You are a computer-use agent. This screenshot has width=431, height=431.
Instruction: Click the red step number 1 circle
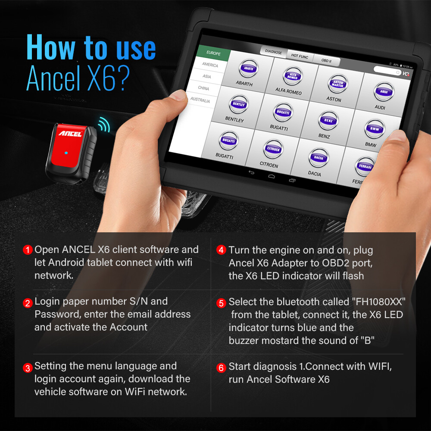(x=28, y=250)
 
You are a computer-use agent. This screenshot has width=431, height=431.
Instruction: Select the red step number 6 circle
(x=222, y=368)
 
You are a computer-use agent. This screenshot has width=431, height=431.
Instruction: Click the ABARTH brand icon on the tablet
(x=248, y=69)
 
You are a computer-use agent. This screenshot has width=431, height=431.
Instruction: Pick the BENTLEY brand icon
(x=238, y=105)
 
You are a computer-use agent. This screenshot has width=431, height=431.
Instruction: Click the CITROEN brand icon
(x=273, y=150)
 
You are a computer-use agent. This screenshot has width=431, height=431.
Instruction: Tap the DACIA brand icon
(x=319, y=158)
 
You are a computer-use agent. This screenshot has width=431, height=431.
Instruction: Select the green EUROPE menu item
(x=213, y=53)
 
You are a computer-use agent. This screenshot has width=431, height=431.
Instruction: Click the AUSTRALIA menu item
(x=200, y=100)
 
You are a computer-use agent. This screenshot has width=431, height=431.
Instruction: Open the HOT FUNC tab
(x=300, y=56)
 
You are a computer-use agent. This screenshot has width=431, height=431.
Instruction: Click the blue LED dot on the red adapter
(x=65, y=153)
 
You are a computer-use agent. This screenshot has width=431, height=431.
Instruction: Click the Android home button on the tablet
(x=271, y=176)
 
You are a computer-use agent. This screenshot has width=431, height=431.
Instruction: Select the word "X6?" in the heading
(x=105, y=78)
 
